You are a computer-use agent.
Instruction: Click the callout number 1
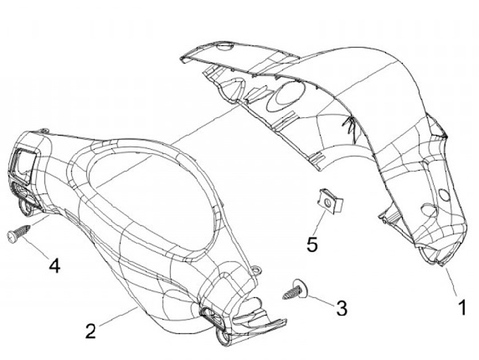[463, 307]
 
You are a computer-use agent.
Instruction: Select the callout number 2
[90, 331]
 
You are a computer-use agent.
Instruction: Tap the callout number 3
[342, 307]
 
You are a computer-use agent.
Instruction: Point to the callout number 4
[55, 265]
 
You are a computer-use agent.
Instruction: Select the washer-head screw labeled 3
[295, 289]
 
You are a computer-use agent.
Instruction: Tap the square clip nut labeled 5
[331, 202]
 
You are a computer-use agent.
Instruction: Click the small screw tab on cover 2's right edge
[255, 270]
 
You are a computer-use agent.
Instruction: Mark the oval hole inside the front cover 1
[285, 96]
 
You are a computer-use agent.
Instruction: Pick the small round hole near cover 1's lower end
[444, 195]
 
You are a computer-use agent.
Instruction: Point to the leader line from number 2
[118, 316]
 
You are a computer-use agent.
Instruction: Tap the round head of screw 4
[11, 236]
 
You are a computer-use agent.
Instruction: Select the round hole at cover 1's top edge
[225, 47]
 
